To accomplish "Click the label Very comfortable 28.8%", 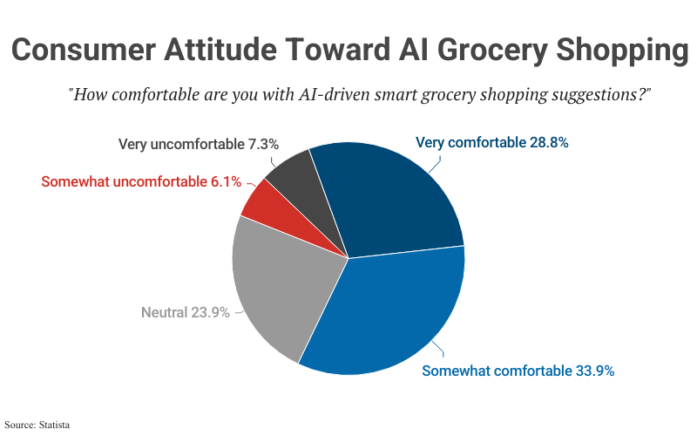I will point(492,142).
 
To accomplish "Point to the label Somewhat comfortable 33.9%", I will point(518,371).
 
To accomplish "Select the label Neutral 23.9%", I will point(185,312).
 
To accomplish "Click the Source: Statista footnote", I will point(37,425).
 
